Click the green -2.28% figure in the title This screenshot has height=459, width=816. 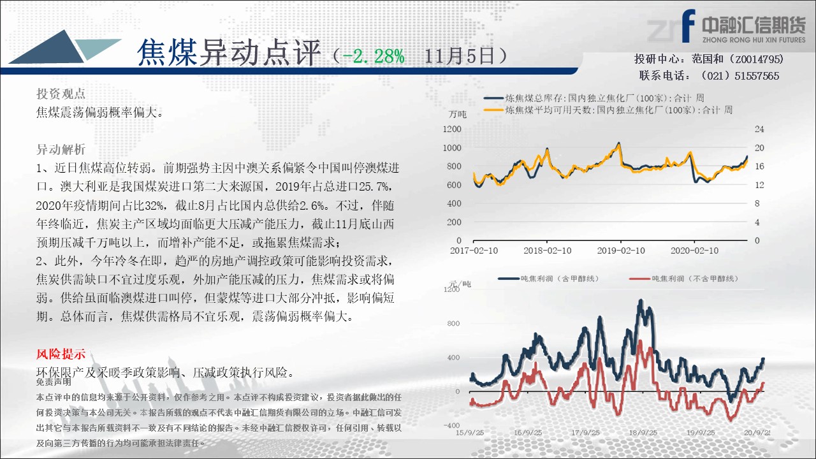click(374, 57)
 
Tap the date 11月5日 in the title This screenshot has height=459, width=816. click(460, 57)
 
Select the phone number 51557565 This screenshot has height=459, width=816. click(757, 76)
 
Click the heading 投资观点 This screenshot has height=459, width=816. click(61, 94)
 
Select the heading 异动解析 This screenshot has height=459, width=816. click(61, 149)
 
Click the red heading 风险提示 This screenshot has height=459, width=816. click(61, 354)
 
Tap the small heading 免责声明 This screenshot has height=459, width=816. click(54, 382)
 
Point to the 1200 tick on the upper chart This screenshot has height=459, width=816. click(452, 129)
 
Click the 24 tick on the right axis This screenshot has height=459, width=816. click(759, 129)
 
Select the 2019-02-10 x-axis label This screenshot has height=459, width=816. click(621, 251)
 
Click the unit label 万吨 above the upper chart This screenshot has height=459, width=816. click(458, 114)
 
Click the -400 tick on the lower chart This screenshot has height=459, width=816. click(452, 425)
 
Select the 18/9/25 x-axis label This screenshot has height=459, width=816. click(643, 433)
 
